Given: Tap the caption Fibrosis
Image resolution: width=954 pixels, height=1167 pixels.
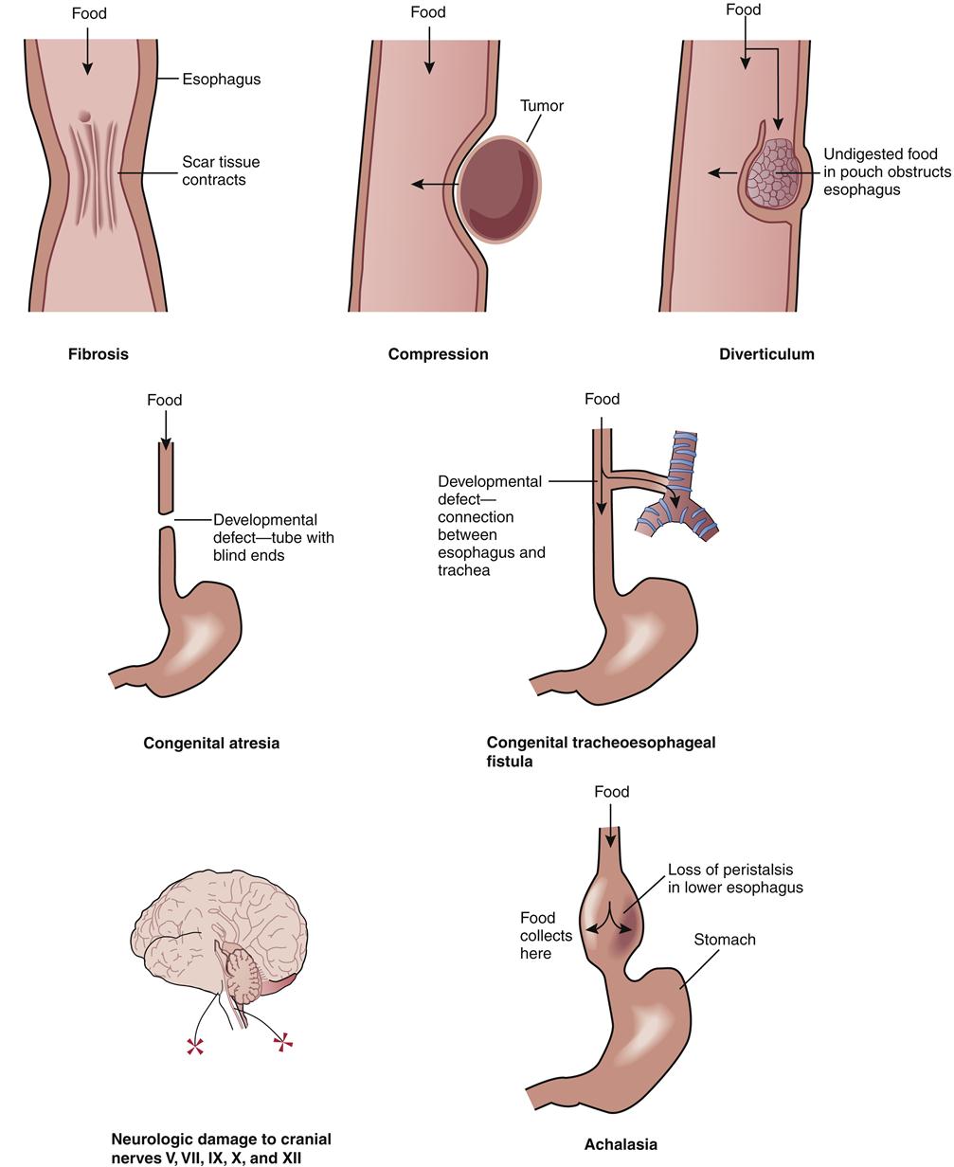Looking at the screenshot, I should (x=98, y=354).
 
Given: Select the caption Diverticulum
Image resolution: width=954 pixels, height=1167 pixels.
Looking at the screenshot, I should (x=766, y=354).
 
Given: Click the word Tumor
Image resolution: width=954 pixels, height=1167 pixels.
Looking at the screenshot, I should (x=542, y=106).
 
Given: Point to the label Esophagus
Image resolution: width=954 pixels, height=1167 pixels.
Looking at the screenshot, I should (x=221, y=80).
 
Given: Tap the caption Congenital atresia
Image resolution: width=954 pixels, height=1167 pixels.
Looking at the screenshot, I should (x=211, y=744).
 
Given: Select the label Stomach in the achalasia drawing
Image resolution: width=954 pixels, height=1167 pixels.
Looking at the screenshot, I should (x=725, y=940).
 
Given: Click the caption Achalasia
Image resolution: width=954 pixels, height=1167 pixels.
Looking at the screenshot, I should (x=621, y=1144).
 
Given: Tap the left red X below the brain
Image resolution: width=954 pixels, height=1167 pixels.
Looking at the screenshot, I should (x=195, y=1046).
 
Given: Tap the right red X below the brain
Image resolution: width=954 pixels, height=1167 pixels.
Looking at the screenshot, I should (x=282, y=1042).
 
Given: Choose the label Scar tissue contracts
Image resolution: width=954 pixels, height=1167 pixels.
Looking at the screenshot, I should (x=221, y=171).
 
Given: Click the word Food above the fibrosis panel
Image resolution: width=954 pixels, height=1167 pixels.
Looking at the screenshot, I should (x=89, y=13).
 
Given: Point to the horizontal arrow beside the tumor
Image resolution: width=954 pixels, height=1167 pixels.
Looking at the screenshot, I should (x=435, y=184).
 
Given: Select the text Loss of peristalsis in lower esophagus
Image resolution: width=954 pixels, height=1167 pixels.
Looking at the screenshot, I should (x=735, y=878).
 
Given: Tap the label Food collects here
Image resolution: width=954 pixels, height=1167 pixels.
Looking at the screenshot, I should (x=546, y=935).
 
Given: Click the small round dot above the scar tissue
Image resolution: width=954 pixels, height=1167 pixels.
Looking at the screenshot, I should (x=84, y=117).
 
